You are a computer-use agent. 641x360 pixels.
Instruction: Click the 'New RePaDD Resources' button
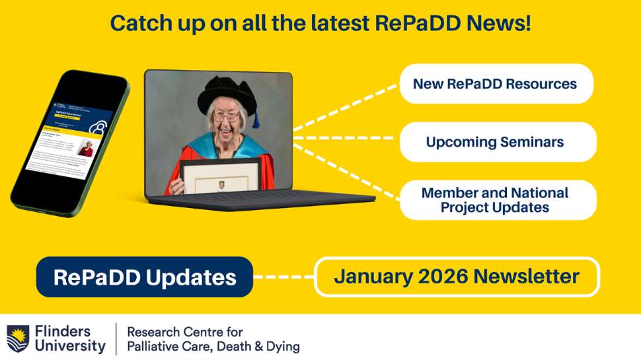tap(496, 84)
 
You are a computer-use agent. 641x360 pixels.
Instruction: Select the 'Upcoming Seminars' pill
tap(496, 142)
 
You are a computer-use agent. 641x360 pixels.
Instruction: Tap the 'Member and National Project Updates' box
tap(496, 199)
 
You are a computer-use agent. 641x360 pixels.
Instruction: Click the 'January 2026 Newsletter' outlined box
tap(457, 276)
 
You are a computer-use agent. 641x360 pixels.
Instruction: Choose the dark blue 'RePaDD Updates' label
tap(144, 277)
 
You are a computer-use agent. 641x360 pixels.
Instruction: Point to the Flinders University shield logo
tap(18, 338)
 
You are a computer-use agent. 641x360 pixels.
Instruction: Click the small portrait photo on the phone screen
tap(85, 148)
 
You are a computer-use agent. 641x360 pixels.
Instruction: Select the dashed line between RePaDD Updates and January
tap(283, 277)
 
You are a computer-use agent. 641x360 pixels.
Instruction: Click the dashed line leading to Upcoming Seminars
tap(344, 139)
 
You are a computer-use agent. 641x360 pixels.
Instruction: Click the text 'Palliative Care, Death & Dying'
tap(213, 346)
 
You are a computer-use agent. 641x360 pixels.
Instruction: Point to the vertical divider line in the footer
tap(116, 338)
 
